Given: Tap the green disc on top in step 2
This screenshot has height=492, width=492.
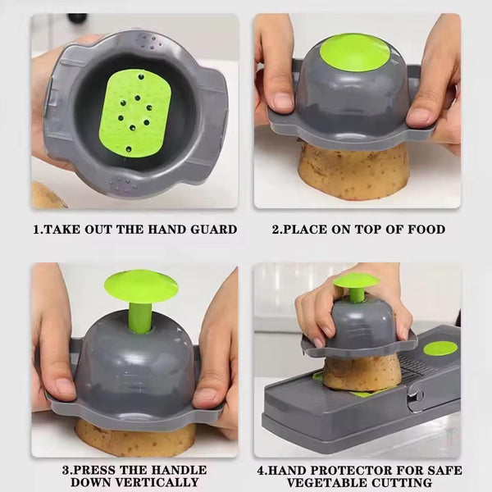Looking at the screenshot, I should (x=354, y=51).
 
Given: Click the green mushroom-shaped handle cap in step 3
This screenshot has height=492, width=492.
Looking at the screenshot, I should (x=141, y=285).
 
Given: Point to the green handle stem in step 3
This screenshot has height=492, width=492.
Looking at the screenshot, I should (x=140, y=317).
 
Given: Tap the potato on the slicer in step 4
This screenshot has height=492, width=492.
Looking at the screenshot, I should (x=361, y=373).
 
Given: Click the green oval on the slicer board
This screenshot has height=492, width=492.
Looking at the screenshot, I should (x=440, y=348).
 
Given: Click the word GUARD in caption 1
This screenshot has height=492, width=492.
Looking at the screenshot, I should (x=212, y=230).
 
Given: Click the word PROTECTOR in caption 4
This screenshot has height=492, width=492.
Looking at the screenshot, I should (x=354, y=471).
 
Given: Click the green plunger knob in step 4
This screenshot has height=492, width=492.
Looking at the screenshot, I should (x=356, y=281).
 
